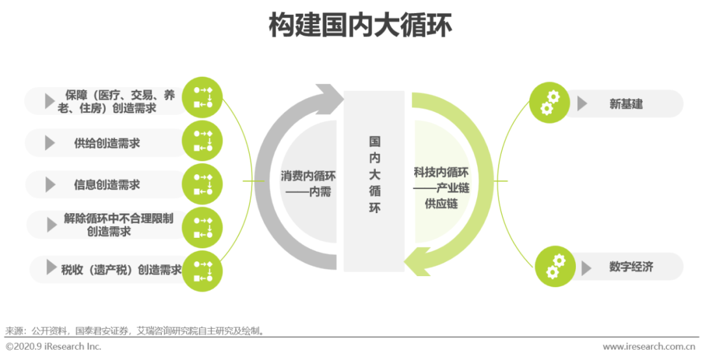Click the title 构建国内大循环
360,25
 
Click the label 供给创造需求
107,143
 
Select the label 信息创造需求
107,185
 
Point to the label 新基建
626,104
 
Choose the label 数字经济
631,267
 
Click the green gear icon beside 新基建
550,103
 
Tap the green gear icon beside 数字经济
555,266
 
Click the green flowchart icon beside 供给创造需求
202,140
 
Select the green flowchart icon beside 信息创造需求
202,184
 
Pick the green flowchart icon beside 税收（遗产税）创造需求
202,271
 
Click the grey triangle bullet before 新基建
582,103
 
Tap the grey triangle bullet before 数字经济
586,268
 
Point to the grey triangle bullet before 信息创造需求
50,185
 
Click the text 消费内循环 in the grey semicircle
308,175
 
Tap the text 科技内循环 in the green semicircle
441,172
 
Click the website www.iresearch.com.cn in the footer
649,346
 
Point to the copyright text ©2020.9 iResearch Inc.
53,346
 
